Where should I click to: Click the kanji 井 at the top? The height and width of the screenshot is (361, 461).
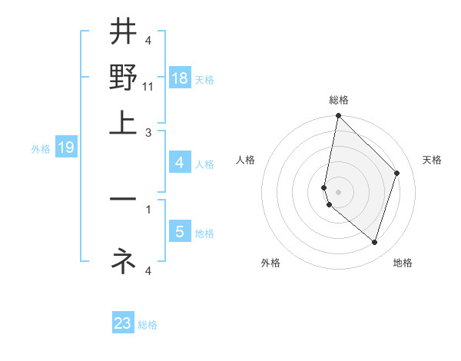pos(123,33)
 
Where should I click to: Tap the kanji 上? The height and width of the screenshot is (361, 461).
pos(123,123)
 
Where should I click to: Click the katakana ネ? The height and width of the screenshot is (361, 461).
pos(123,261)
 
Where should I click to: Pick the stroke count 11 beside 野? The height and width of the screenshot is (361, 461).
pos(149,87)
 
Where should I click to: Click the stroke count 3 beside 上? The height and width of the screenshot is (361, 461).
pos(149,132)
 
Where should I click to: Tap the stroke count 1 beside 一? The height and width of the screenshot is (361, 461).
pos(149,207)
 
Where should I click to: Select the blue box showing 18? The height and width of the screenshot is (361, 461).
pos(179,78)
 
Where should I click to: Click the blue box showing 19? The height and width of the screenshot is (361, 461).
pos(65,147)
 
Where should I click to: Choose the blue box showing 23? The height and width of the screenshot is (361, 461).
pos(123,323)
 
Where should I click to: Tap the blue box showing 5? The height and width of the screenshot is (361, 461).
pos(179,231)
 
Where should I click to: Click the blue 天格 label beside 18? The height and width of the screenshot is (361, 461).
pos(204,80)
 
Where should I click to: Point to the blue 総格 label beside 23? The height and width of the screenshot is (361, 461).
pos(148,325)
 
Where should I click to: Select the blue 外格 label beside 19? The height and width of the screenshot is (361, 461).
pos(40,149)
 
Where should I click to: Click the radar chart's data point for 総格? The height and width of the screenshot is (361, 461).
pos(338,116)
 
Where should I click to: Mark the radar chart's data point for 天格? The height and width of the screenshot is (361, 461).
pos(397,173)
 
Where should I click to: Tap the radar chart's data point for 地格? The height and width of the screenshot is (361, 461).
pos(374,242)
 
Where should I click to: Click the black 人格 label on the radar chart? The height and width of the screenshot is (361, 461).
pos(245,160)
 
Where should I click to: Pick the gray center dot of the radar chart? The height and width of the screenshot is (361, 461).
pos(338,191)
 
